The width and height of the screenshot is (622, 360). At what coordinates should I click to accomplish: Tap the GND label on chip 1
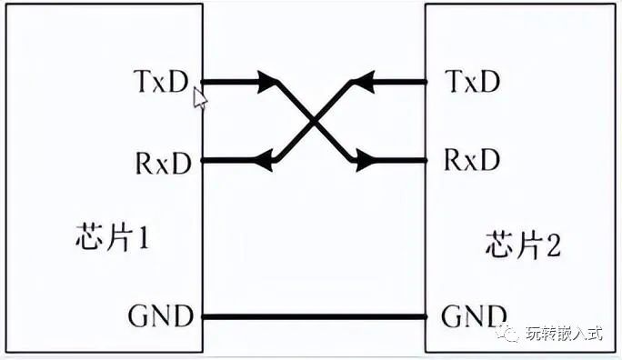(161, 316)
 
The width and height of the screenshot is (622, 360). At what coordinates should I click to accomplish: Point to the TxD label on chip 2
(473, 82)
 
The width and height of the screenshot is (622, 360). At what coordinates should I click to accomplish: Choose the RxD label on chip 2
(472, 161)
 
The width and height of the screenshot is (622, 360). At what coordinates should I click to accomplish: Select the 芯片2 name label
(516, 243)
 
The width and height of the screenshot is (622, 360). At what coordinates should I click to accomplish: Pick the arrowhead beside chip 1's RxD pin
(266, 161)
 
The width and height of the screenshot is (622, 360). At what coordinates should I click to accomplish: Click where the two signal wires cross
(314, 122)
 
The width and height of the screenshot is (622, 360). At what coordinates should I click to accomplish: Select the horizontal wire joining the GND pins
(314, 316)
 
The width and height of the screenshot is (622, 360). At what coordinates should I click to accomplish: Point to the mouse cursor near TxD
(199, 95)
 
